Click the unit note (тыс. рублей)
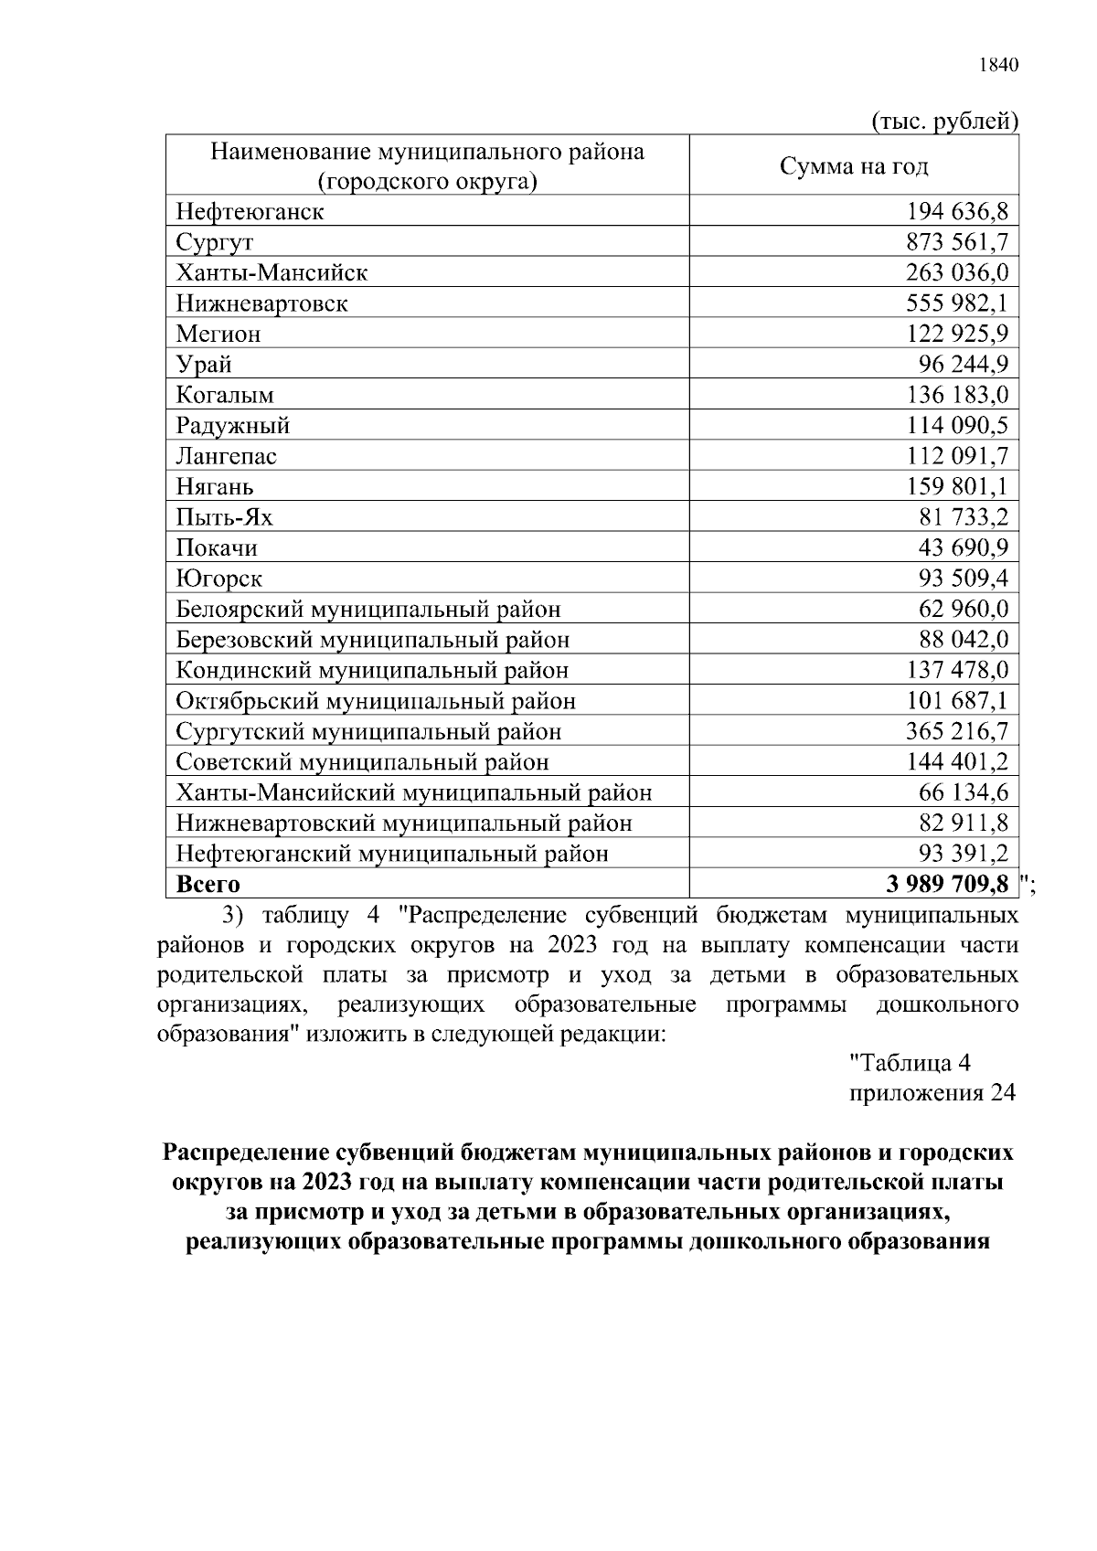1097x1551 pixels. [945, 121]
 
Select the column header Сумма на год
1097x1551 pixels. [853, 166]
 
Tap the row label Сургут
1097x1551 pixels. [215, 243]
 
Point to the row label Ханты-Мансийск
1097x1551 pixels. [272, 273]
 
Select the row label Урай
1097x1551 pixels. [204, 365]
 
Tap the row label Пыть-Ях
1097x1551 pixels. [224, 518]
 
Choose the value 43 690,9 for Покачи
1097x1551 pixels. [964, 548]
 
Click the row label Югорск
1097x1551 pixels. [219, 579]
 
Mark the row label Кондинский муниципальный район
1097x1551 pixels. [372, 671]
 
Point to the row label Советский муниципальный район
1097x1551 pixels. [363, 762]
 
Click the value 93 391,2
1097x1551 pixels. [964, 855]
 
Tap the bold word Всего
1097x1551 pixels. [208, 885]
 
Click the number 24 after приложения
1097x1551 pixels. [1002, 1094]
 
